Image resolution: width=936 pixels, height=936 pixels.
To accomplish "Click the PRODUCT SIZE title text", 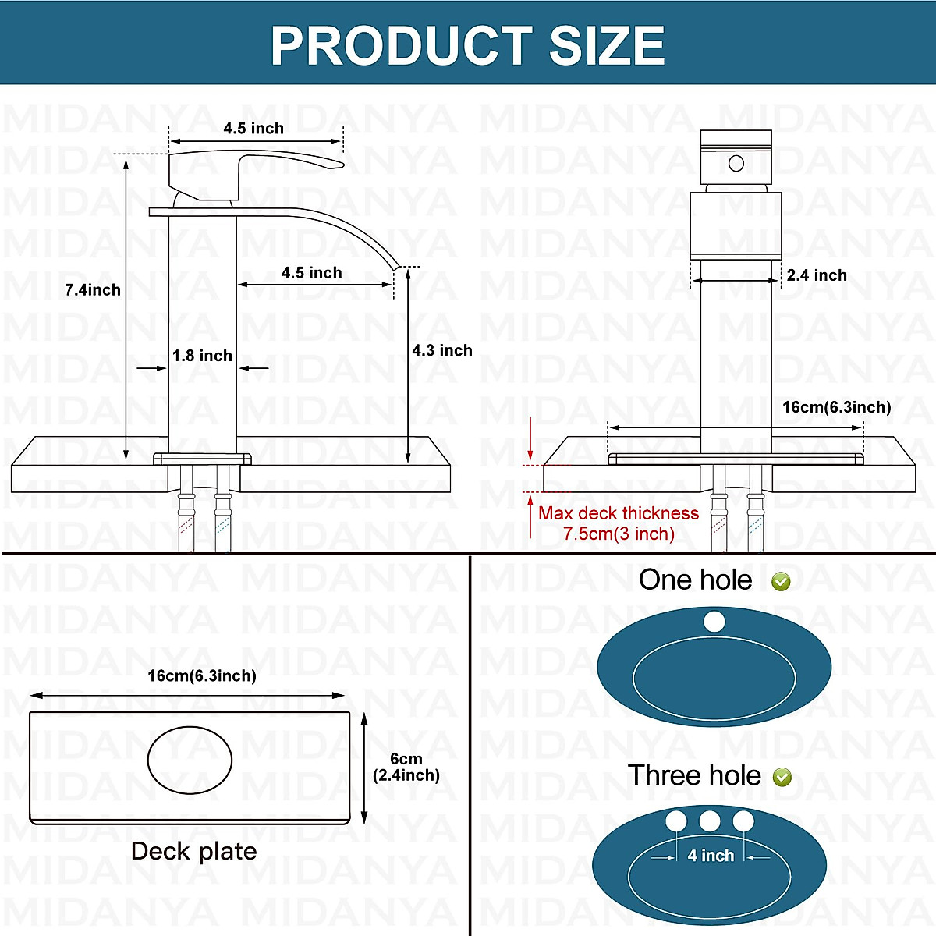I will tap(467, 44).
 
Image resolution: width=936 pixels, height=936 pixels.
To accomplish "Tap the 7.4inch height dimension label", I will tap(93, 290).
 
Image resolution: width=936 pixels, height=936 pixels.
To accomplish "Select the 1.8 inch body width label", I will tap(202, 356).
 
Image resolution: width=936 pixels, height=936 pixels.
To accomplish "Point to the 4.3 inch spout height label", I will tap(442, 351).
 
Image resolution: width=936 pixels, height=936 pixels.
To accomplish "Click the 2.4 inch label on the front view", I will tap(817, 275).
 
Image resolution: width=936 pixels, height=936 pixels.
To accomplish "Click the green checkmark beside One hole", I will tap(781, 581).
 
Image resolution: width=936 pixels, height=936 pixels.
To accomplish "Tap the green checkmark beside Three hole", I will tap(782, 777).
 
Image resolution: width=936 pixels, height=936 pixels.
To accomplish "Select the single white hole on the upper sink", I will tap(714, 622).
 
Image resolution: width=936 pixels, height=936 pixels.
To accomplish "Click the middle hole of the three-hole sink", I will tap(710, 821).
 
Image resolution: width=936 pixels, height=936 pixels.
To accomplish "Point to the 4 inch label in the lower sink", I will tap(711, 856).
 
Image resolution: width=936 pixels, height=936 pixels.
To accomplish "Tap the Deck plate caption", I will tap(193, 851).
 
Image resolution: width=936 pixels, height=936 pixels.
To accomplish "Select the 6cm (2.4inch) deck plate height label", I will tap(406, 767).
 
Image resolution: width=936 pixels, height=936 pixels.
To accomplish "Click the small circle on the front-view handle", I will tap(736, 164).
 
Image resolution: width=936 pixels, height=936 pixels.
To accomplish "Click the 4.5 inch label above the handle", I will tap(253, 128).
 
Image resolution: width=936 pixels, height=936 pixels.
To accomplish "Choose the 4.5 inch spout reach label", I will tap(311, 273).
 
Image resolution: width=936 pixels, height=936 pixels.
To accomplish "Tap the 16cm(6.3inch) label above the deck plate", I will tap(202, 675).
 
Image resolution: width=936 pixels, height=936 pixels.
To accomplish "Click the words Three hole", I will tap(694, 776).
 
